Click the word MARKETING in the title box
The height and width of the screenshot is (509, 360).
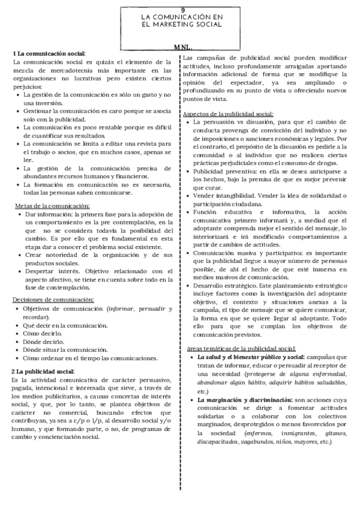pos(173,25)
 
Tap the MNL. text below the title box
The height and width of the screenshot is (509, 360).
pos(183,47)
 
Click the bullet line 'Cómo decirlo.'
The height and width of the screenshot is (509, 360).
pos(43,333)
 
